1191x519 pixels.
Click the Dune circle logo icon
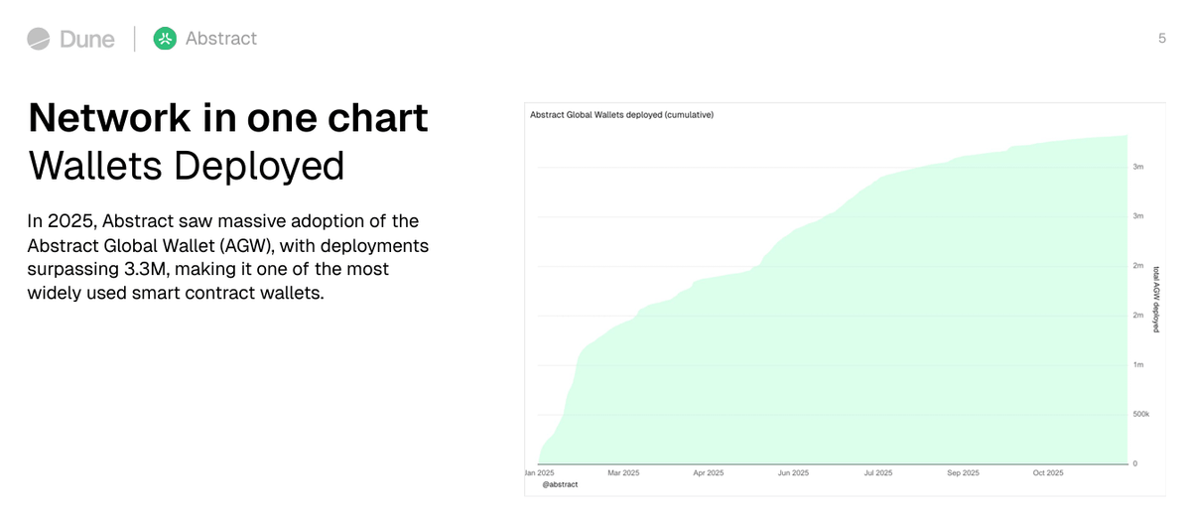[x=39, y=39]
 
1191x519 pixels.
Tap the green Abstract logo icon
[x=165, y=39]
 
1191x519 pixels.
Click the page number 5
[x=1162, y=39]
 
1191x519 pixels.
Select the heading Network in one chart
[x=228, y=118]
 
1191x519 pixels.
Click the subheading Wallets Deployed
[x=186, y=166]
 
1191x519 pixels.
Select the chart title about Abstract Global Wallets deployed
[x=622, y=115]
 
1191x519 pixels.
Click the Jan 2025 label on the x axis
[x=540, y=473]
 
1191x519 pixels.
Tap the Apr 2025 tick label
[x=709, y=473]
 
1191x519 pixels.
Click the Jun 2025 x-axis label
[x=793, y=473]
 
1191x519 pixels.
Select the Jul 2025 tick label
[x=877, y=473]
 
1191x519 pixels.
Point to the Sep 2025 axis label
[x=963, y=473]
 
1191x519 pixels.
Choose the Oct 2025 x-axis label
[x=1047, y=473]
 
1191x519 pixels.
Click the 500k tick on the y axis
[x=1140, y=414]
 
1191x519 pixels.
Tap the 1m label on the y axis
[x=1137, y=365]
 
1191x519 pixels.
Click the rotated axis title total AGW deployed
[x=1155, y=298]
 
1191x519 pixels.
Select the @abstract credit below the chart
[x=560, y=484]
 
